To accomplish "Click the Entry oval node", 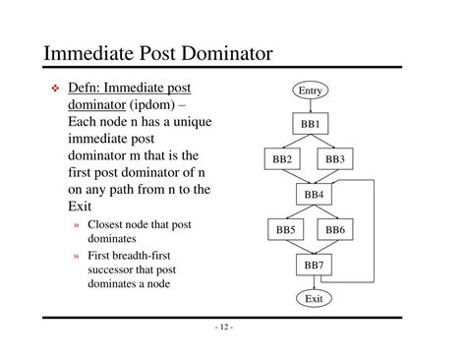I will [310, 90].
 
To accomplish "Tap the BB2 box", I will [282, 158].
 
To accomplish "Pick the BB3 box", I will [334, 158].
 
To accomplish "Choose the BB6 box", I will [335, 230].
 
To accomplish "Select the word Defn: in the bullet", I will [90, 89].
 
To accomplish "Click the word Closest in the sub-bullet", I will [107, 225].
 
